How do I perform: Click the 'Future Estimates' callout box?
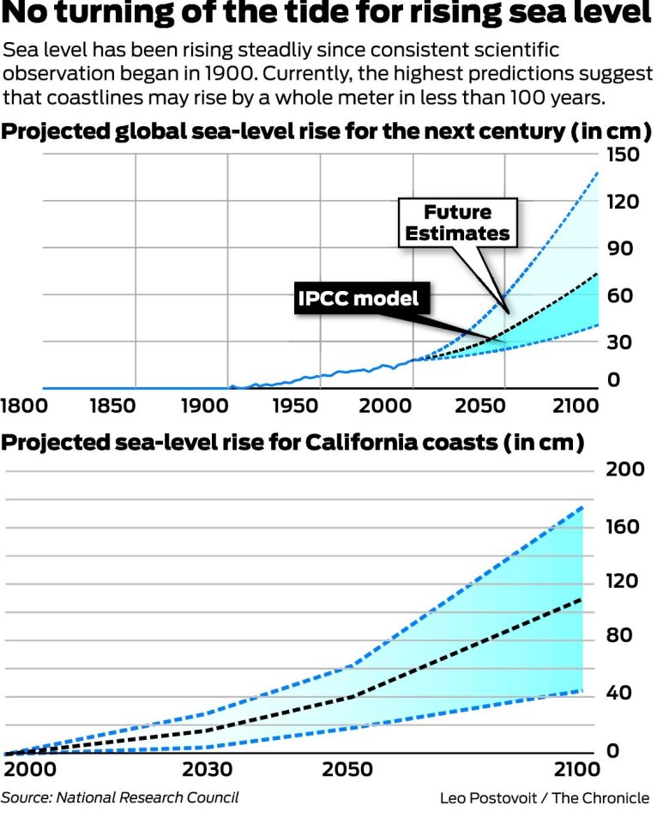coord(458,222)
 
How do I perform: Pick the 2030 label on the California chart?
coord(212,768)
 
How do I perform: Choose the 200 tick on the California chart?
coord(624,470)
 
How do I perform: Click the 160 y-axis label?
coord(624,525)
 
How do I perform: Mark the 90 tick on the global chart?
coord(624,249)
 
